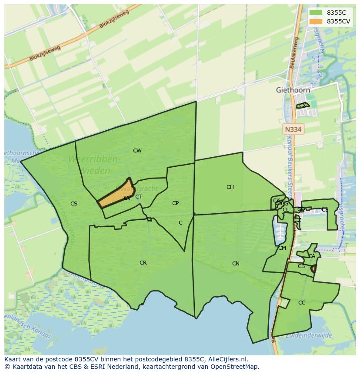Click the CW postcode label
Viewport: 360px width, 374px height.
coord(137,151)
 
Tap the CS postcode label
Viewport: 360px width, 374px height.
coord(74,203)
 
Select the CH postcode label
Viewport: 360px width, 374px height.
coord(230,187)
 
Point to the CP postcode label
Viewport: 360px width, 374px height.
coord(175,203)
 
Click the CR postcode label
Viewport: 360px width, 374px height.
coord(143,263)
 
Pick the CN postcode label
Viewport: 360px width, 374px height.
coord(236,264)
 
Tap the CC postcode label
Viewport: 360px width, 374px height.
coord(302,303)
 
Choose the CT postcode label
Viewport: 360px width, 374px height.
coord(138,197)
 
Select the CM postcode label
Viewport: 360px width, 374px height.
coord(282,248)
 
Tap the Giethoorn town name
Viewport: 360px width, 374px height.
coord(293,90)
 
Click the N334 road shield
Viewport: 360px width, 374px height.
coord(293,129)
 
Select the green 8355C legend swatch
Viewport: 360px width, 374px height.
coord(316,13)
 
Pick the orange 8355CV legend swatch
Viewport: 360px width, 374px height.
coord(316,21)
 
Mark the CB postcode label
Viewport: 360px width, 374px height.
coord(301,266)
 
